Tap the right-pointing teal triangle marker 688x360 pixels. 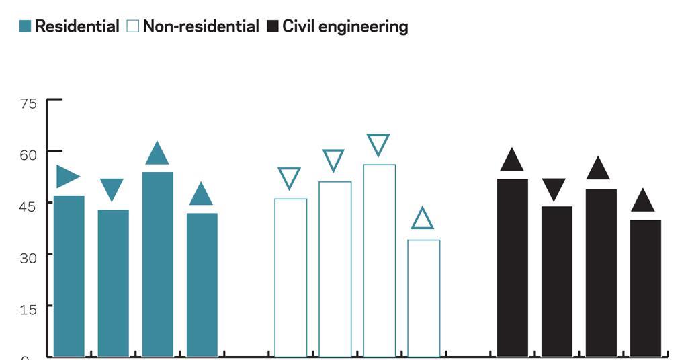point(67,176)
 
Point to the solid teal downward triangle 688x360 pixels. point(112,188)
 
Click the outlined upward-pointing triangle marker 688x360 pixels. point(423,220)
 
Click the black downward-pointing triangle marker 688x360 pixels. point(554,188)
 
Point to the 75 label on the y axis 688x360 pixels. point(28,103)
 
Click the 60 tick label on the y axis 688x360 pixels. point(28,154)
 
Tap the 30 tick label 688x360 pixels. point(28,256)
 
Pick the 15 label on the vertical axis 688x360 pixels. point(28,307)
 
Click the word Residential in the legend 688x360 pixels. point(77,27)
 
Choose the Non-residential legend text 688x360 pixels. point(201,27)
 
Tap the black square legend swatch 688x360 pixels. point(273,27)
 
